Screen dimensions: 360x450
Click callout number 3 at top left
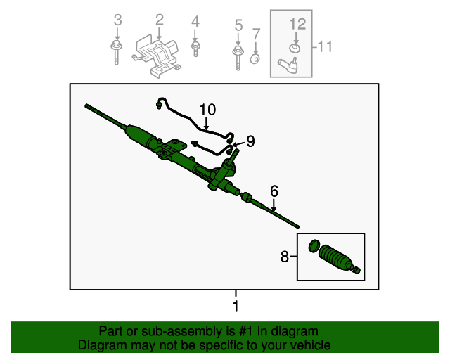pyautogui.click(x=117, y=19)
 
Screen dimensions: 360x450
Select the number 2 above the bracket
pyautogui.click(x=159, y=19)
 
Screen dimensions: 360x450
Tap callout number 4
pyautogui.click(x=195, y=21)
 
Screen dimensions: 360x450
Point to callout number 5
pyautogui.click(x=238, y=26)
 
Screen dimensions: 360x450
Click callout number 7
pyautogui.click(x=256, y=33)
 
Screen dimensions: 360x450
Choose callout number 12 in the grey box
pyautogui.click(x=298, y=23)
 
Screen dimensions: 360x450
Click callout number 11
pyautogui.click(x=324, y=46)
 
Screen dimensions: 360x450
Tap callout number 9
pyautogui.click(x=250, y=141)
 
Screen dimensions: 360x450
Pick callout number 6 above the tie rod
pyautogui.click(x=274, y=191)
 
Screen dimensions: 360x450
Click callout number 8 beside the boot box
pyautogui.click(x=285, y=257)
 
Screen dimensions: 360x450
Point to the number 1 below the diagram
pyautogui.click(x=236, y=307)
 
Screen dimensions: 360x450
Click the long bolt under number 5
pyautogui.click(x=238, y=56)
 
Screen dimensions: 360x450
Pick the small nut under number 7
pyautogui.click(x=256, y=57)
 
